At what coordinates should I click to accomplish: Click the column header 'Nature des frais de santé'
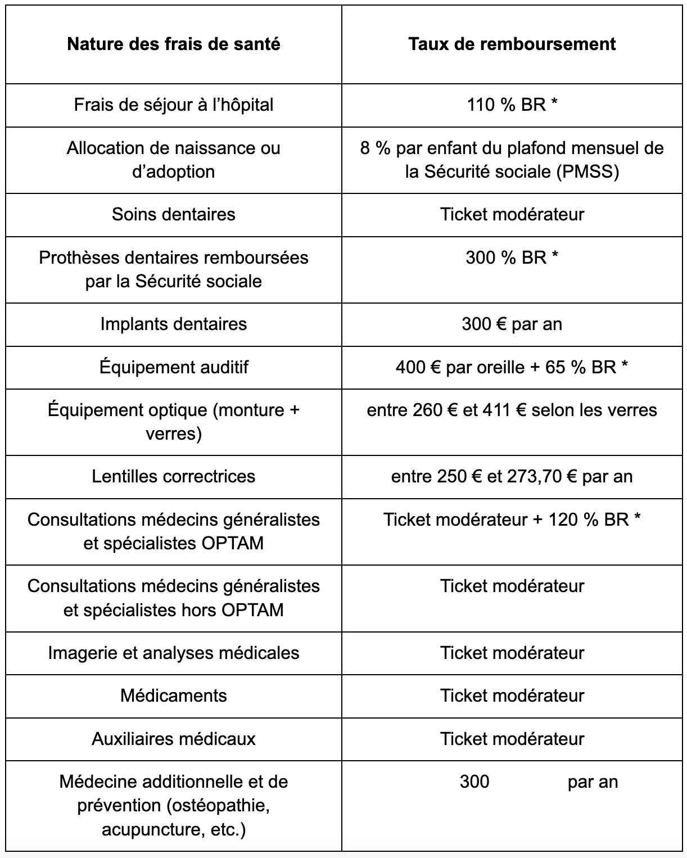click(x=173, y=44)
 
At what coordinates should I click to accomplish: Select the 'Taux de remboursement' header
click(x=512, y=44)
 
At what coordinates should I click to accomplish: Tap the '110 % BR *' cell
click(x=512, y=105)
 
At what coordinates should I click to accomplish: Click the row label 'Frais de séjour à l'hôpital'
click(x=173, y=105)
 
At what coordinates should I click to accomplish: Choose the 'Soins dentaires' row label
click(x=173, y=214)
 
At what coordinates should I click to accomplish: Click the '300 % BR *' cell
click(x=512, y=258)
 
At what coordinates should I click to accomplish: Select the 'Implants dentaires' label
click(x=173, y=324)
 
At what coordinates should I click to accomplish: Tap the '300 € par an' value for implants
click(x=512, y=324)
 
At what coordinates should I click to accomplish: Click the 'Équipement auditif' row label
click(x=173, y=367)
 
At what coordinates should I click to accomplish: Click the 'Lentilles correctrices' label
click(x=173, y=476)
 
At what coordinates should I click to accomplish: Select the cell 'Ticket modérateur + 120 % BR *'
click(x=512, y=520)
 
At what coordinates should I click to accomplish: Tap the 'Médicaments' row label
click(x=173, y=696)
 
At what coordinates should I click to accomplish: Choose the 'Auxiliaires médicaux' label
click(x=173, y=739)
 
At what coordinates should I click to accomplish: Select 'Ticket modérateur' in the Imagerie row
click(x=512, y=653)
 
